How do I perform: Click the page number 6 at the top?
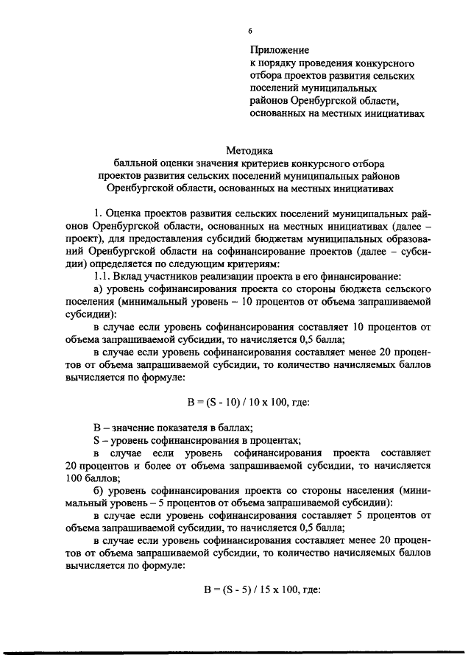tap(250, 29)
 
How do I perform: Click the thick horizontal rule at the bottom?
tap(235, 652)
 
